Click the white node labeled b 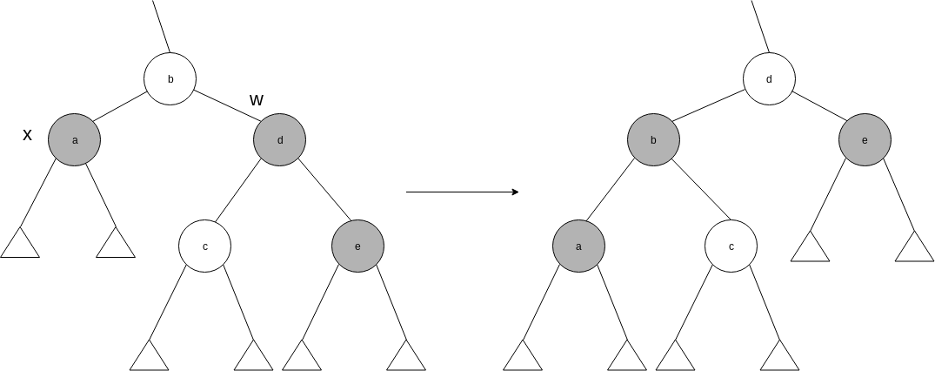coord(170,79)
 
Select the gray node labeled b coord(654,139)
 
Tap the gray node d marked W coord(280,139)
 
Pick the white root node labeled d coord(769,79)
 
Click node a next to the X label coord(74,139)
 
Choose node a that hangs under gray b coord(578,246)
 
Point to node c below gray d coord(204,246)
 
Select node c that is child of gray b coord(731,246)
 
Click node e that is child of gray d coord(357,246)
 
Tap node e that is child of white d coord(865,139)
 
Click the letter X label coord(27,135)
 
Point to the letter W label coord(257,100)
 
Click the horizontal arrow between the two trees coord(462,192)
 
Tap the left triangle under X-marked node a coord(20,245)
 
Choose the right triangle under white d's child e coord(914,248)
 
